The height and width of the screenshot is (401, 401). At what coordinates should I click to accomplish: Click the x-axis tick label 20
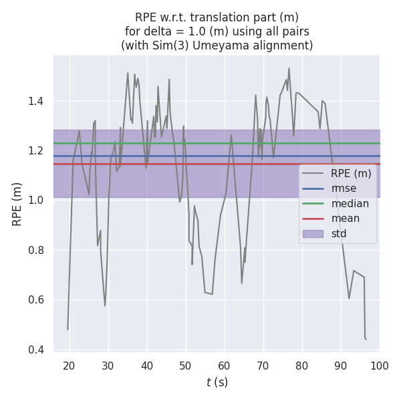69,364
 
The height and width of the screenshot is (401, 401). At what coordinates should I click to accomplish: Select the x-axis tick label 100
379,364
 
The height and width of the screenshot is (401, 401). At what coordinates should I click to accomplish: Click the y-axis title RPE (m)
17,204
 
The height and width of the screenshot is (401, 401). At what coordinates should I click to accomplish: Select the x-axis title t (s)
217,382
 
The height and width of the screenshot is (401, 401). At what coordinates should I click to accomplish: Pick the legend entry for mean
346,219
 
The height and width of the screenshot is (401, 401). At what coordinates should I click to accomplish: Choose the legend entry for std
340,233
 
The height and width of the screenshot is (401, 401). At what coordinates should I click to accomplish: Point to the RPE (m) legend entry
351,174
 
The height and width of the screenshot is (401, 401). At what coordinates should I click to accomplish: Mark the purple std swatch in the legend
313,233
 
